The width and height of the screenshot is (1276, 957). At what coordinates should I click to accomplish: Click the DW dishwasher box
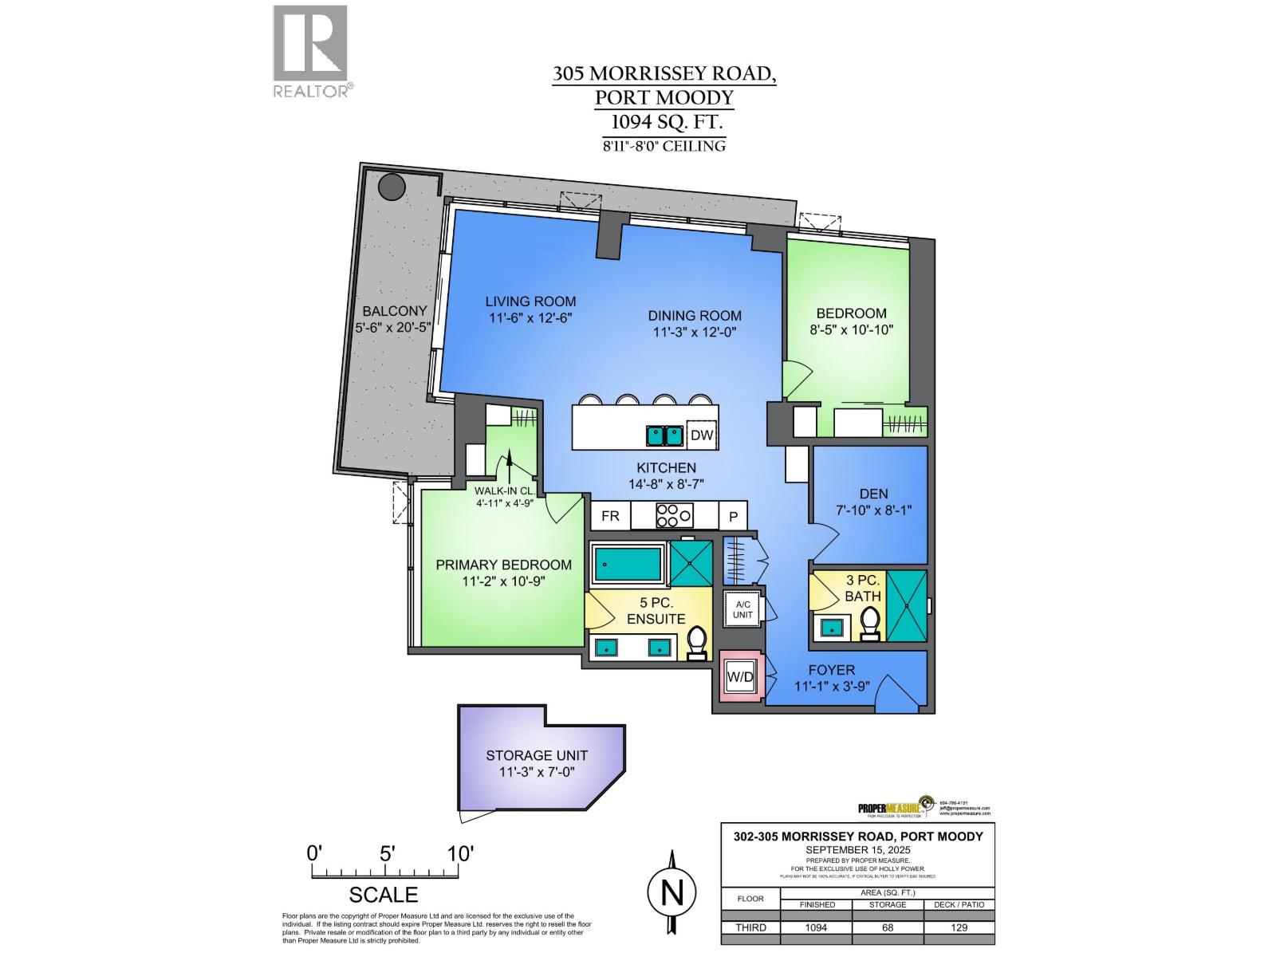point(702,435)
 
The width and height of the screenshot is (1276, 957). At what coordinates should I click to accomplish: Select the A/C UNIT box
point(742,610)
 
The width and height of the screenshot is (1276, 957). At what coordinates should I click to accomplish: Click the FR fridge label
point(610,516)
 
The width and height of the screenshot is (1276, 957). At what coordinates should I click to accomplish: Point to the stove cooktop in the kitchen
point(674,516)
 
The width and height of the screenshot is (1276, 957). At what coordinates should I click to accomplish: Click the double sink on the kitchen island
point(664,435)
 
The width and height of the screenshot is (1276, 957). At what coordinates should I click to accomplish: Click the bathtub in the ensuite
point(628,563)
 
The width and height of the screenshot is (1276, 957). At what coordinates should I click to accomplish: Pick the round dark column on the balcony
point(392,188)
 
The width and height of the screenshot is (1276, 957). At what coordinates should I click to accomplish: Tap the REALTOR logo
point(311,51)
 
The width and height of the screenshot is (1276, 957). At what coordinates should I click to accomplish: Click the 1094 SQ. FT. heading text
point(664,122)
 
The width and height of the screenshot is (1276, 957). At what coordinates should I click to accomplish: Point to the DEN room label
point(874,494)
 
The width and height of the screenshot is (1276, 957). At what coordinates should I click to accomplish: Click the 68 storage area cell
point(888,927)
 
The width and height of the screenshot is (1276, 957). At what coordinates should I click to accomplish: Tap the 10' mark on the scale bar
point(461,853)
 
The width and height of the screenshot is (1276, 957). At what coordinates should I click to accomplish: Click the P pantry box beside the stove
point(734,517)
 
